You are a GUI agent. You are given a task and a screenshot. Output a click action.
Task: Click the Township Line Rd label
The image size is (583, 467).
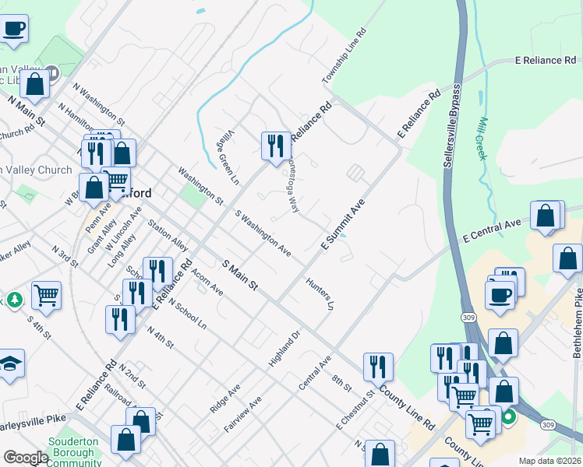coord(344,58)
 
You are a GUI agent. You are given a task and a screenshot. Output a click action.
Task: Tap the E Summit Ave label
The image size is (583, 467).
coord(344,223)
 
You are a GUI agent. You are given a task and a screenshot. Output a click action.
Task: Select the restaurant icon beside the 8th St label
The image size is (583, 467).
coord(378,367)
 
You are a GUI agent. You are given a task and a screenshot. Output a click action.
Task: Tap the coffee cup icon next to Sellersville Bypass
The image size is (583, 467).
coord(500,297)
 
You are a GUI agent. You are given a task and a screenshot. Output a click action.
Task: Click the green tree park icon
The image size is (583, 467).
coord(14,300)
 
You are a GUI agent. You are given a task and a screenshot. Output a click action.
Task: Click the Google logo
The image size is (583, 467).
coord(26,458)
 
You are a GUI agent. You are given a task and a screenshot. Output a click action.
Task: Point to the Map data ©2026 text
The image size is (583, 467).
coord(549,461)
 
